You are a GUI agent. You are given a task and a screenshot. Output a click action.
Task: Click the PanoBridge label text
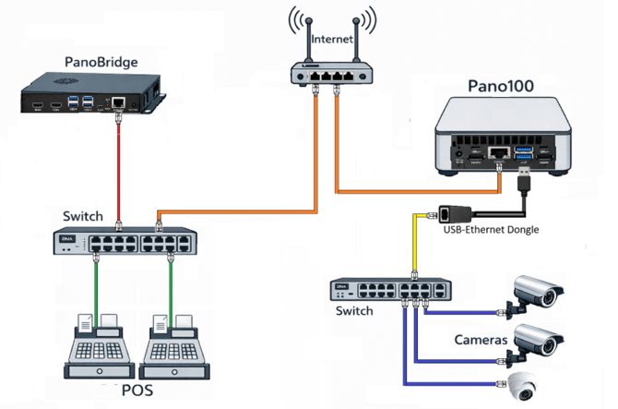101,62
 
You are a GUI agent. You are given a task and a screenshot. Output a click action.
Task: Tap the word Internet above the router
332,39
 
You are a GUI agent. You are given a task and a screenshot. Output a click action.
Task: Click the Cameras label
481,340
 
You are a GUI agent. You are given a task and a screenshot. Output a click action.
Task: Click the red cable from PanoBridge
119,171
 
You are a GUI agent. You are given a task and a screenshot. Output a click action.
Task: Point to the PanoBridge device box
95,94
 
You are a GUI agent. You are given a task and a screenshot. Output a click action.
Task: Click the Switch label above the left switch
83,216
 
